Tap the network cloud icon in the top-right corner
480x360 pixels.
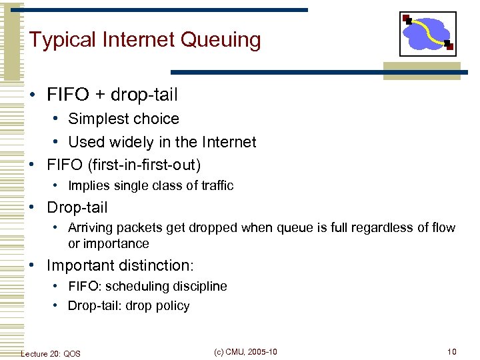tap(427, 34)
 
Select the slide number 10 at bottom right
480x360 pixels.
tap(452, 352)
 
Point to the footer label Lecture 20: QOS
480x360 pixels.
tap(51, 353)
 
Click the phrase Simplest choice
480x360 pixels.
tap(123, 119)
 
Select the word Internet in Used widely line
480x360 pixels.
tap(231, 142)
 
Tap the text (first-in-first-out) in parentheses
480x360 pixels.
tap(144, 164)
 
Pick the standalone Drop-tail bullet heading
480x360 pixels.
tap(77, 207)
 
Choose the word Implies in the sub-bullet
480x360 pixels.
tap(89, 186)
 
